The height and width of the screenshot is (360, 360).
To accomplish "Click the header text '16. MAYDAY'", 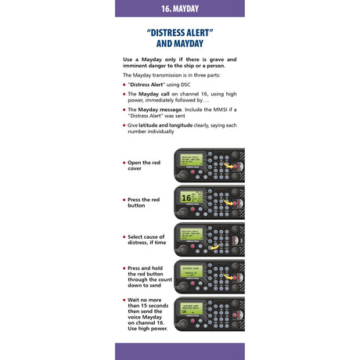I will pyautogui.click(x=179, y=8).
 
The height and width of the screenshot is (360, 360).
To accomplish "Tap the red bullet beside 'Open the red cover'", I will pyautogui.click(x=124, y=163).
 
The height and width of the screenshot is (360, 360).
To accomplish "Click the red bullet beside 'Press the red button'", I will pyautogui.click(x=124, y=200).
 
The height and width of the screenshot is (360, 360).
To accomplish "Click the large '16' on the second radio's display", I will pyautogui.click(x=186, y=198).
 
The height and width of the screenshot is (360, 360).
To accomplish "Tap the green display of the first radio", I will pyautogui.click(x=191, y=161).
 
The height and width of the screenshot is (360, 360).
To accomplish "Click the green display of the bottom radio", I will pyautogui.click(x=191, y=309).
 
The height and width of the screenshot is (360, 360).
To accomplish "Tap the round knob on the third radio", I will pyautogui.click(x=182, y=250).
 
